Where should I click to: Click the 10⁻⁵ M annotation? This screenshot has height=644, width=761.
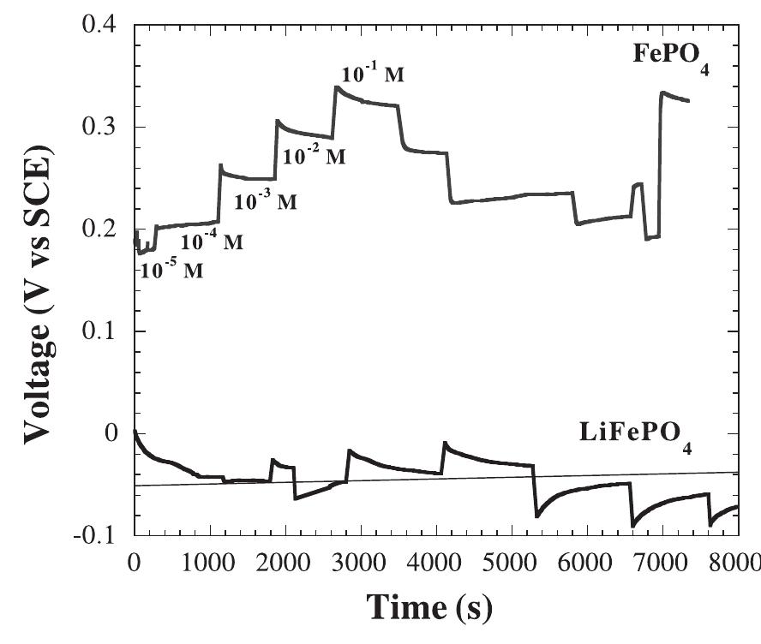[171, 271]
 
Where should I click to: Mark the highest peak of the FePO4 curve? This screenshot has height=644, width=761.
[337, 86]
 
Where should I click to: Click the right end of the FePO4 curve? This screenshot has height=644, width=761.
[689, 101]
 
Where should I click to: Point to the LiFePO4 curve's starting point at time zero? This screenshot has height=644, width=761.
[135, 431]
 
